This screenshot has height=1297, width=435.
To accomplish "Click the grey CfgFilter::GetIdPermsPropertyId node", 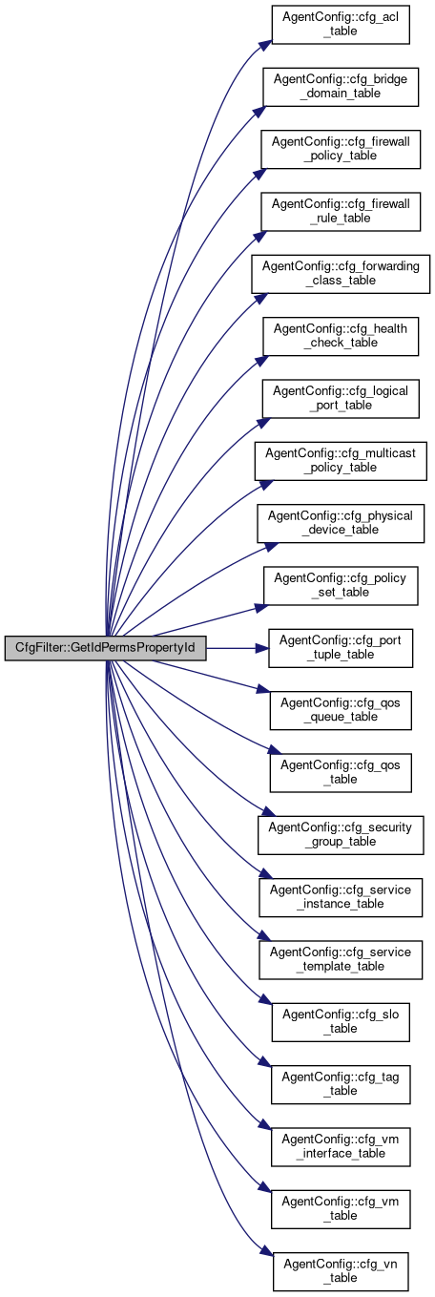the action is [105, 647].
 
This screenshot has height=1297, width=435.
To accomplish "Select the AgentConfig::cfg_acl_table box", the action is [341, 24].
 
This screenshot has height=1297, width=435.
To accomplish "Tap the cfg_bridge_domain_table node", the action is [341, 87].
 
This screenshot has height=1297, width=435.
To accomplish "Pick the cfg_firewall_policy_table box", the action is [341, 150].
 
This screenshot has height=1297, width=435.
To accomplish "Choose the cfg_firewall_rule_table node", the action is [341, 211].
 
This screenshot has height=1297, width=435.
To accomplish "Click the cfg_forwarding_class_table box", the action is [341, 274].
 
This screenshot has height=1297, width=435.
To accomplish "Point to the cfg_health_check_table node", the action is [341, 336].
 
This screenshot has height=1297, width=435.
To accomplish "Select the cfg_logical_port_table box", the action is [341, 398].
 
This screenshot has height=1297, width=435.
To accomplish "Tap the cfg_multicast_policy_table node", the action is [341, 461].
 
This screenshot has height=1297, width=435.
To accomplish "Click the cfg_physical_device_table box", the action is [341, 523].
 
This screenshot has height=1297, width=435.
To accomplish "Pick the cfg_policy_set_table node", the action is [341, 585].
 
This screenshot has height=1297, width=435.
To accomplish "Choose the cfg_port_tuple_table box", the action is [341, 648].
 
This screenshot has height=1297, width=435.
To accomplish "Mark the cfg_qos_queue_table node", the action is [341, 710].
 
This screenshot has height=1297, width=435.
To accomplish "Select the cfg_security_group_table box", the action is [341, 835].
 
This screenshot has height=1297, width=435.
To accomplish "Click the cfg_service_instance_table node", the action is [341, 897].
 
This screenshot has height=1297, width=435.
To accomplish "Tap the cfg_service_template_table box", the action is [341, 959].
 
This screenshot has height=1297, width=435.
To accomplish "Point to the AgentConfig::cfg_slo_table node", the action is [341, 1022].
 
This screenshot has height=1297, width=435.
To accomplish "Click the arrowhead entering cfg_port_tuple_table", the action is [262, 648].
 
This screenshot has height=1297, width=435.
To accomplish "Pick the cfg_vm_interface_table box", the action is [341, 1146].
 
